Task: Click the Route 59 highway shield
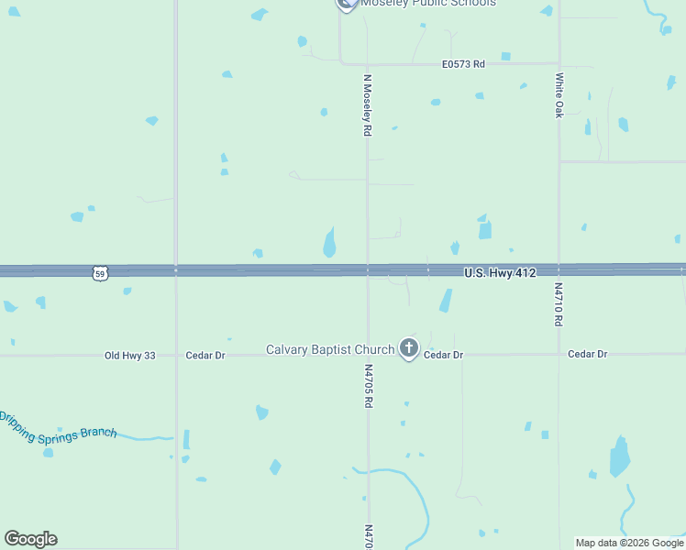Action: pyautogui.click(x=100, y=273)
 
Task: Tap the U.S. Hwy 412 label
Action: pyautogui.click(x=500, y=273)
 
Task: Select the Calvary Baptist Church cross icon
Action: pyautogui.click(x=409, y=348)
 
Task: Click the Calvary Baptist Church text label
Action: pyautogui.click(x=330, y=349)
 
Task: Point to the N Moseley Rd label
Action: pyautogui.click(x=367, y=105)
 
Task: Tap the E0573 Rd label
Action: pyautogui.click(x=463, y=64)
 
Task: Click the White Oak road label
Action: pyautogui.click(x=559, y=96)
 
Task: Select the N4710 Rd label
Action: pyautogui.click(x=558, y=304)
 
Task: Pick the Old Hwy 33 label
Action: pyautogui.click(x=130, y=355)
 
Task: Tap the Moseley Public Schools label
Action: pyautogui.click(x=428, y=4)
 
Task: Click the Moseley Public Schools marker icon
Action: pyautogui.click(x=346, y=4)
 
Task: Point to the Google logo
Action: pyautogui.click(x=30, y=539)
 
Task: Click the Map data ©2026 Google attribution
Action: pyautogui.click(x=629, y=543)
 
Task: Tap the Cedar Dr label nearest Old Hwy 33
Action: pyautogui.click(x=205, y=355)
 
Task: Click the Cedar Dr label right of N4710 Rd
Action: pyautogui.click(x=587, y=354)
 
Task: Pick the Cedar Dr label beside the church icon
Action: pyautogui.click(x=444, y=355)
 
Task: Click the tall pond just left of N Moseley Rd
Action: pyautogui.click(x=329, y=243)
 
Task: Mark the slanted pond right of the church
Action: pyautogui.click(x=446, y=301)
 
